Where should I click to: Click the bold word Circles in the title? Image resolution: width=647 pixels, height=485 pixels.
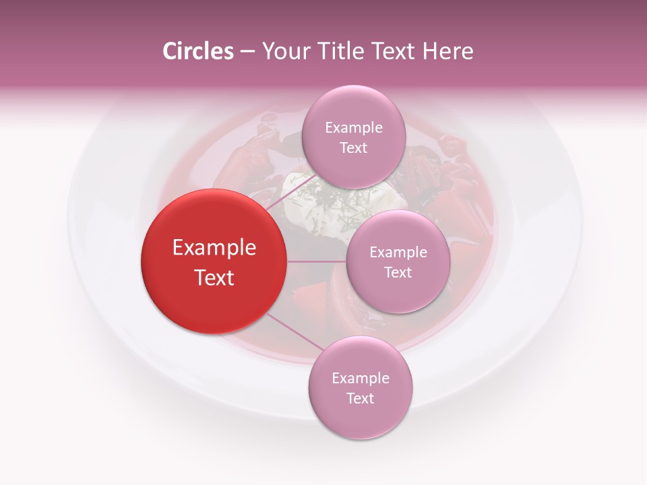198,51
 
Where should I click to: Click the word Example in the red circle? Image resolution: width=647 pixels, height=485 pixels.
214,248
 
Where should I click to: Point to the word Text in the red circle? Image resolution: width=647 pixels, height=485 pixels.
214,278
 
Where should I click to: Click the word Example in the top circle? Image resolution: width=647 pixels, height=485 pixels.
354,128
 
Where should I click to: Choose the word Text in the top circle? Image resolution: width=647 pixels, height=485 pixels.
354,148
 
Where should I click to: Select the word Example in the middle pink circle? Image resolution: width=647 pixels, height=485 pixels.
398,253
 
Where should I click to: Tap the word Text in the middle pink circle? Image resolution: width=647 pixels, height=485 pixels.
398,273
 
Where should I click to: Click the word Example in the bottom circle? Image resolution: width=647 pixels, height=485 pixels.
361,379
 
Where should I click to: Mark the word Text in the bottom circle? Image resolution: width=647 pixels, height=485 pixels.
361,399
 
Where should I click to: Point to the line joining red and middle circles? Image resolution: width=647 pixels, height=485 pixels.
317,261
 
